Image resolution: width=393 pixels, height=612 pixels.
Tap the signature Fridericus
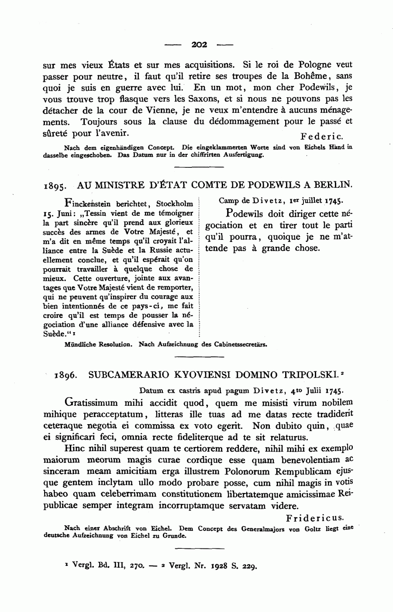point(315,518)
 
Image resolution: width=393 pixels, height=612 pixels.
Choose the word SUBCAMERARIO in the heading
point(124,374)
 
